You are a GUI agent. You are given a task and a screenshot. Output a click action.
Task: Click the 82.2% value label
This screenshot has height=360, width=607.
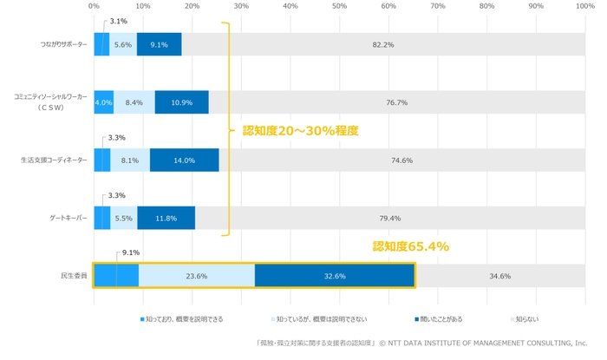pyautogui.click(x=383, y=44)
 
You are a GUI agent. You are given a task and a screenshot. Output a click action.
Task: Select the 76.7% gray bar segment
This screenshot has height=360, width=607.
pyautogui.click(x=397, y=102)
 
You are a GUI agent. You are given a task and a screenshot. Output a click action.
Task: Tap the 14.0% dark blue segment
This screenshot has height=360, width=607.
pyautogui.click(x=184, y=160)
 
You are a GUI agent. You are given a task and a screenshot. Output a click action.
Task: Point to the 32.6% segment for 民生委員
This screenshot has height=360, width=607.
pyautogui.click(x=334, y=276)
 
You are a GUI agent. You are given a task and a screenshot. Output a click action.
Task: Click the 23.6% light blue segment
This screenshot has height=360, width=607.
pyautogui.click(x=197, y=276)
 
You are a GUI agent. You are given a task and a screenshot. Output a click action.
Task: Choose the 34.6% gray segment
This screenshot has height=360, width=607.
pyautogui.click(x=499, y=276)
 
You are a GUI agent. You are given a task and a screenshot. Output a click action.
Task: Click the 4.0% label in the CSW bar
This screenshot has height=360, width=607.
pyautogui.click(x=103, y=102)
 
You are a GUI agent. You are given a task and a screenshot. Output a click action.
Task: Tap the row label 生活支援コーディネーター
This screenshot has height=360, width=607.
pyautogui.click(x=54, y=160)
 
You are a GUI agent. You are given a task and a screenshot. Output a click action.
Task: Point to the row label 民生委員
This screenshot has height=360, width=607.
pyautogui.click(x=75, y=276)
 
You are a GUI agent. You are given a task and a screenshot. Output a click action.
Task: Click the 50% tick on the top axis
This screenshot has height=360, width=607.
pyautogui.click(x=340, y=6)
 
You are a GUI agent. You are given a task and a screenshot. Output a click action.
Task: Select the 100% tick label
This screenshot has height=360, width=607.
pyautogui.click(x=585, y=6)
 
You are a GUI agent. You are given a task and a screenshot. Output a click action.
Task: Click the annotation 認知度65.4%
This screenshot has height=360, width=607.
pyautogui.click(x=410, y=246)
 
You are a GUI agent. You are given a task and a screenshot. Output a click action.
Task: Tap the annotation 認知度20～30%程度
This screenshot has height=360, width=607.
pyautogui.click(x=300, y=131)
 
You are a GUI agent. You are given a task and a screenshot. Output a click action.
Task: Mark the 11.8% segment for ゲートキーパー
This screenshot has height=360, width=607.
pyautogui.click(x=166, y=219)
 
